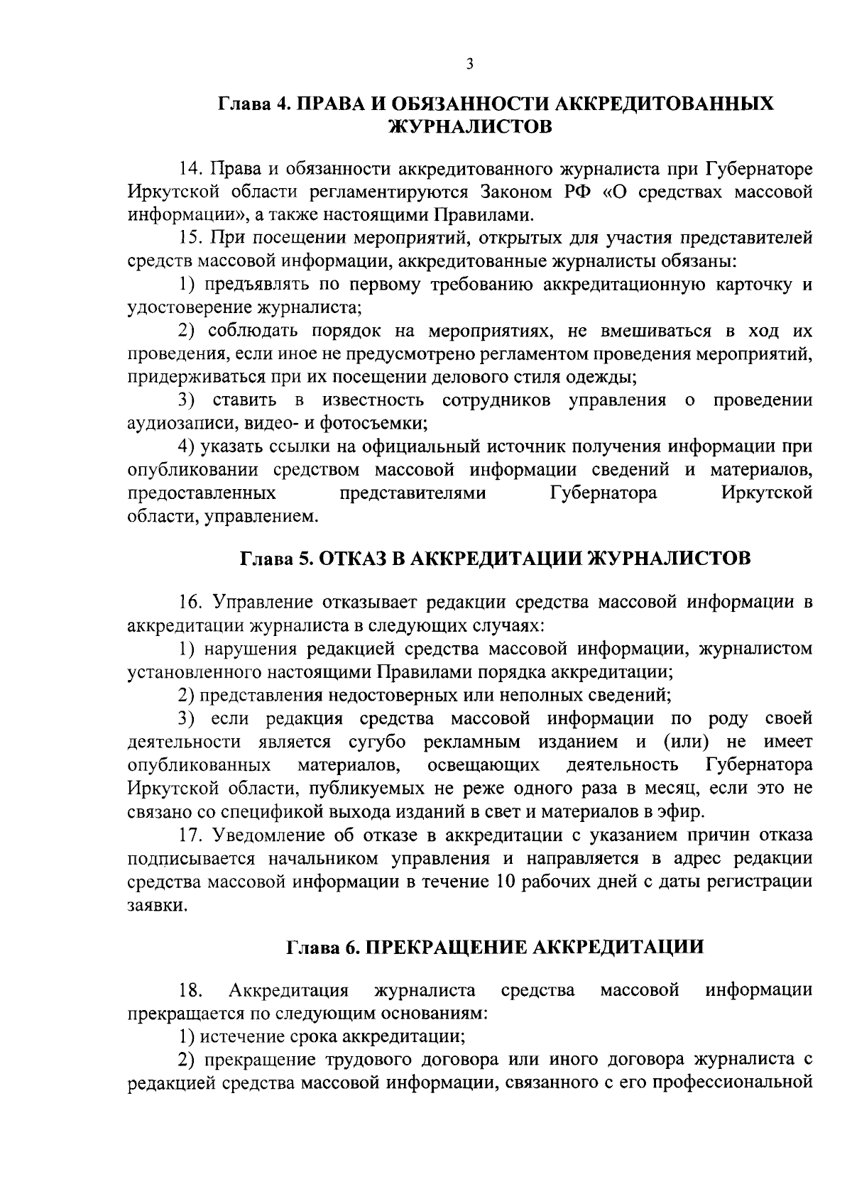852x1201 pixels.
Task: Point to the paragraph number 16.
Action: click(x=190, y=603)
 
